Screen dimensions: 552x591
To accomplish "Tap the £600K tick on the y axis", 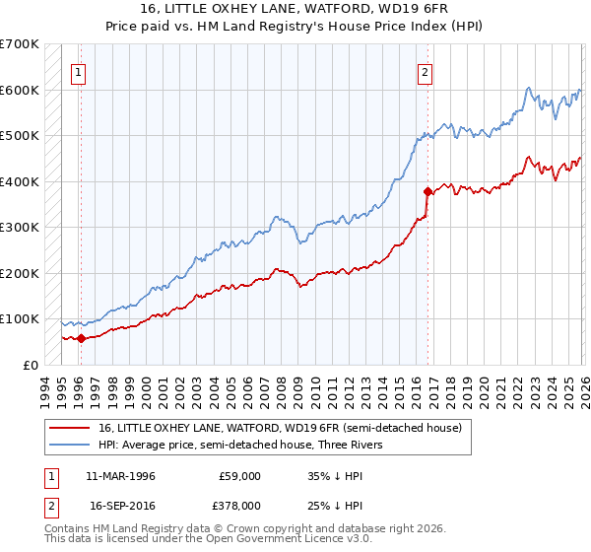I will pos(19,90).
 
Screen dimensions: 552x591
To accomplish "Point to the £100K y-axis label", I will pos(19,319).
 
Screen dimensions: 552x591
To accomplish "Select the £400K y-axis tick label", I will pos(19,181).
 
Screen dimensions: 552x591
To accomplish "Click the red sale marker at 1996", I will pos(81,338).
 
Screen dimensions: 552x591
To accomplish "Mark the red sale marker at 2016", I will pos(427,191).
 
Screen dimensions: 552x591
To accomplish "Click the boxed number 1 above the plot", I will pos(78,71).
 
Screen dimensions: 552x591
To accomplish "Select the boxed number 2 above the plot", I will pos(425,71).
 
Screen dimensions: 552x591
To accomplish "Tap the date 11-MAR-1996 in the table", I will pos(121,476).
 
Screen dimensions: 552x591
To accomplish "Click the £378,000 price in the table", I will pos(239,504).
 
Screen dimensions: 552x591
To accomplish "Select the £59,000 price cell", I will pos(239,476).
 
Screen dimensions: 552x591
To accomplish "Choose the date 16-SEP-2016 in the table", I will pos(121,504).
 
